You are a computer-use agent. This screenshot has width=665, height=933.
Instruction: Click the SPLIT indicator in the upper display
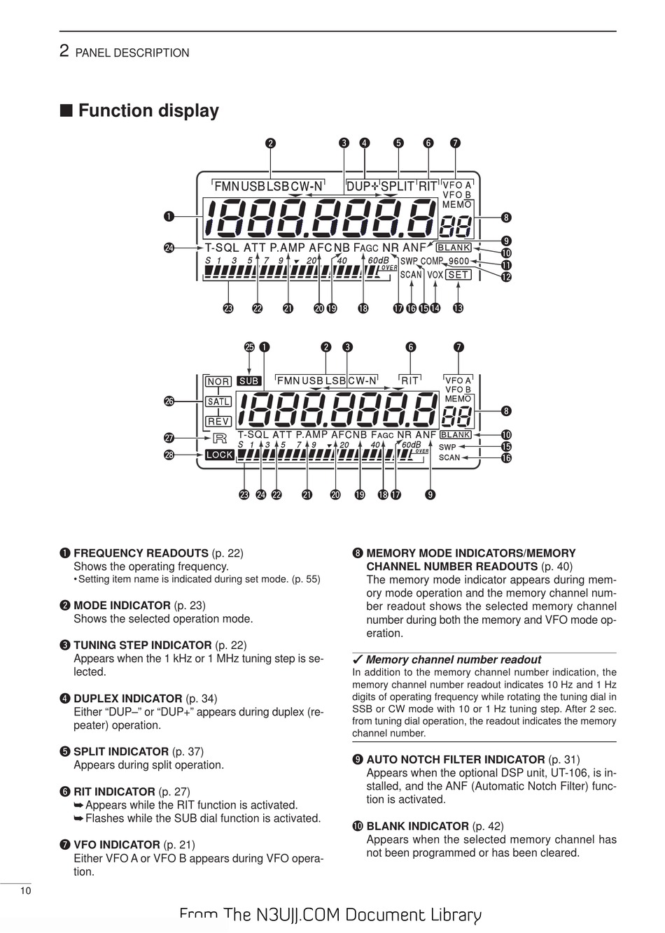[x=397, y=186]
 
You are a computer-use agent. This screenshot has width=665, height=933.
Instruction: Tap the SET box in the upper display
[x=458, y=275]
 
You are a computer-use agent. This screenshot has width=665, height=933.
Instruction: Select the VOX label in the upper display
[x=435, y=275]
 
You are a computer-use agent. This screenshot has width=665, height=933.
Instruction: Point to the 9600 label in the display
[x=459, y=262]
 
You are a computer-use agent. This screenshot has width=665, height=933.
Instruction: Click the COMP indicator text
[x=432, y=262]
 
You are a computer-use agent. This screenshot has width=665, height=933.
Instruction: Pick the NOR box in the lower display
[x=218, y=381]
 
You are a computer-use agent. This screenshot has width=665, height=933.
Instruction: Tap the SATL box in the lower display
[x=218, y=402]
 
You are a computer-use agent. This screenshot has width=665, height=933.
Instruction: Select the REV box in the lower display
[x=218, y=422]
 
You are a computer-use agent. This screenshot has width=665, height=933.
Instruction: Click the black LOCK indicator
[x=219, y=455]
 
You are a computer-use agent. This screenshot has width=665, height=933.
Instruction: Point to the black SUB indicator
[x=249, y=381]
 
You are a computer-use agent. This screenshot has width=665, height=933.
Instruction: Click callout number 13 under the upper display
[x=458, y=308]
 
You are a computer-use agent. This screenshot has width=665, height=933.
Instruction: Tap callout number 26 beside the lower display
[x=169, y=401]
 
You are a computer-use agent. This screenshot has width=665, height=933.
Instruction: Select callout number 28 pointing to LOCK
[x=169, y=455]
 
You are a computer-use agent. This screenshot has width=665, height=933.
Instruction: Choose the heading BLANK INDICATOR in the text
[x=417, y=826]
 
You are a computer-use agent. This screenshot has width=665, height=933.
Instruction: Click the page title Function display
[x=148, y=111]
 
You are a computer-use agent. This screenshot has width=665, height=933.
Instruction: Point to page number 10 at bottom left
[x=25, y=890]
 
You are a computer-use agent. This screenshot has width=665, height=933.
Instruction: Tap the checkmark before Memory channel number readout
[x=357, y=660]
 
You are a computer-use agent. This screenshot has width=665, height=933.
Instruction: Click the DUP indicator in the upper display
[x=358, y=186]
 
